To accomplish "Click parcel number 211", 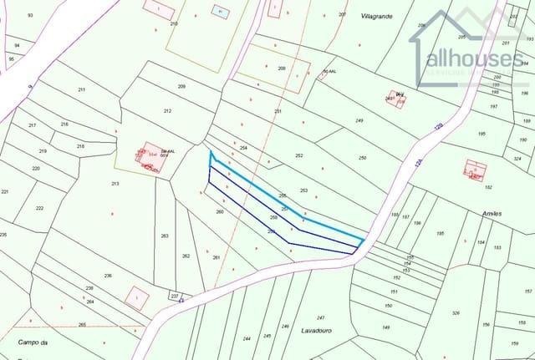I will (x=82, y=89).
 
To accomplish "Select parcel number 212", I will (x=167, y=111).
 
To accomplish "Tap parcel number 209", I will (x=181, y=87).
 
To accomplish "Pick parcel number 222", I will (x=39, y=208).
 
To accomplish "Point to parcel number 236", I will (x=108, y=276).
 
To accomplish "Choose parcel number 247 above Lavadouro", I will (x=320, y=318).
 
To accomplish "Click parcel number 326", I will (x=456, y=313).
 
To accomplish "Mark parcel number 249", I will (x=359, y=121).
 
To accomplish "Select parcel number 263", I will (x=165, y=236).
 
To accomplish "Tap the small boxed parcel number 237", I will (x=175, y=296).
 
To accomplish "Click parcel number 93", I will (x=30, y=16).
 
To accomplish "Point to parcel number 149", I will (x=387, y=327).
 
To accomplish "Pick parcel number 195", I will (x=481, y=134).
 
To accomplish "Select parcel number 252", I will (x=298, y=156).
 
